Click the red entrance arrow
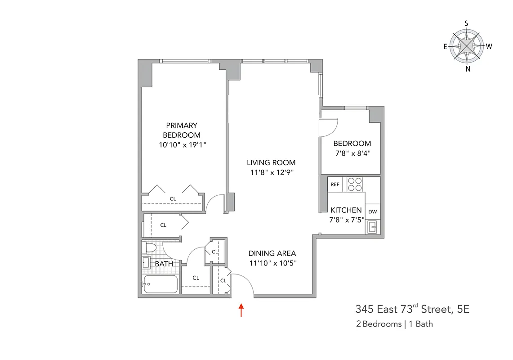pos(241,310)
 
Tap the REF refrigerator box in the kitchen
pos(335,184)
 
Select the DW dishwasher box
pos(372,211)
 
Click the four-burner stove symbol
pos(355,184)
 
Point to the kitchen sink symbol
pos(372,227)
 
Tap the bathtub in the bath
pos(160,284)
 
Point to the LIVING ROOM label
pos(271,162)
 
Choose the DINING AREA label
pos(272,253)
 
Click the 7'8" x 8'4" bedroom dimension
pos(352,153)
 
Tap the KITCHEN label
pos(346,210)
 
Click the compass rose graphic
pos(467,46)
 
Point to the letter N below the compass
pos(468,69)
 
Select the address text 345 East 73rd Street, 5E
pos(412,309)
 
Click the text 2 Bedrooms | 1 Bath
pos(394,324)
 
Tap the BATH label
pos(164,264)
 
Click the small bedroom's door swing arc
pos(330,127)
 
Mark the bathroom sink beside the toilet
pos(146,262)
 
